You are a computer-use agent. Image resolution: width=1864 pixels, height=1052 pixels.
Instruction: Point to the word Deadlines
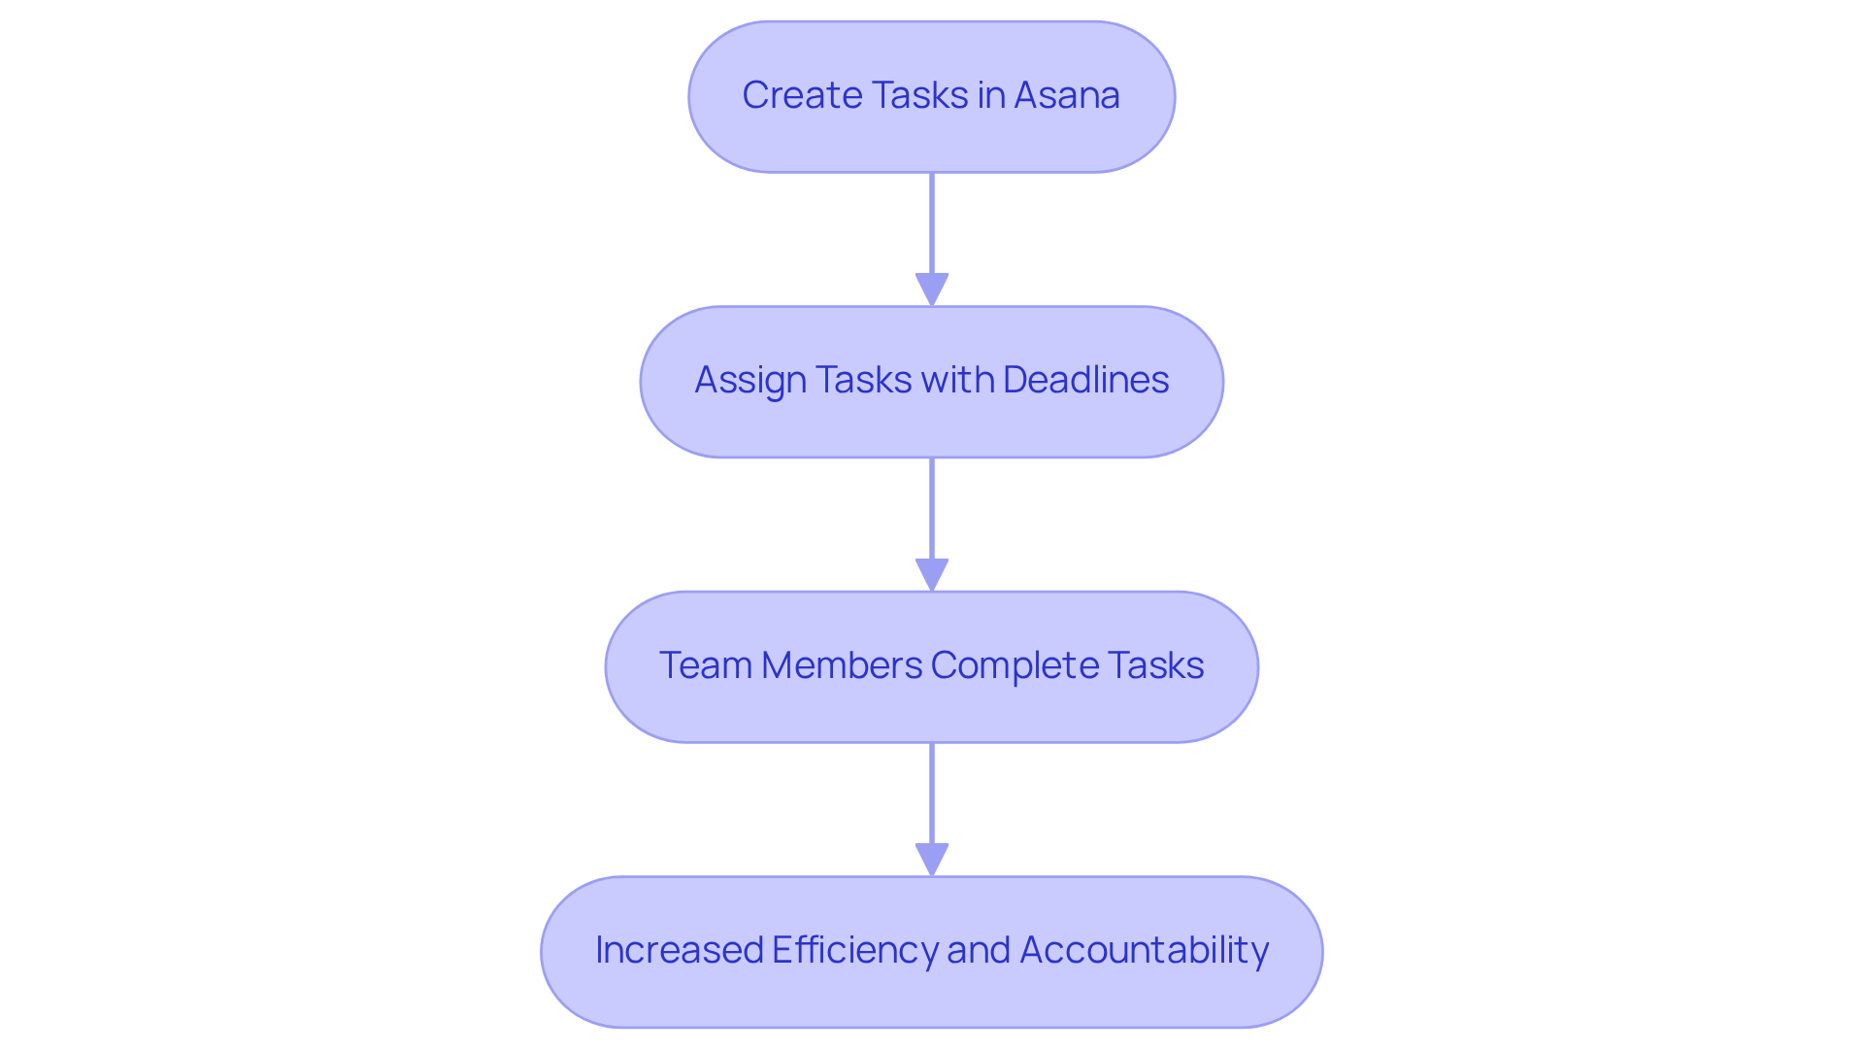[1085, 380]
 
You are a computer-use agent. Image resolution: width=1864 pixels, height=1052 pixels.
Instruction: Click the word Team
[705, 665]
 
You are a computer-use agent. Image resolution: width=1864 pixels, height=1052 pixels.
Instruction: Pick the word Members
[842, 665]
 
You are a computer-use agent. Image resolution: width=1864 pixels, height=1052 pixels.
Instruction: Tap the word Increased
[679, 950]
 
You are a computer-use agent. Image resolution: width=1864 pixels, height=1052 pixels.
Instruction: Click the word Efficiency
[853, 951]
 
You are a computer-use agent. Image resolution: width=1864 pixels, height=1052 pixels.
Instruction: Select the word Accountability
[1144, 951]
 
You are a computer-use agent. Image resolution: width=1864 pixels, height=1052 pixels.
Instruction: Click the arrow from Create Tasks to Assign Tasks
[932, 228]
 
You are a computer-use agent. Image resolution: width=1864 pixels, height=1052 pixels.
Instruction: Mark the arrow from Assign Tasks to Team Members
[932, 510]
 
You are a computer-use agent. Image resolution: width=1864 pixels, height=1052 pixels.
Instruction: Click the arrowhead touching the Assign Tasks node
[932, 289]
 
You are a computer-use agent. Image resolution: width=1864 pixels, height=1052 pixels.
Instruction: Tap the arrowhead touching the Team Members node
[932, 575]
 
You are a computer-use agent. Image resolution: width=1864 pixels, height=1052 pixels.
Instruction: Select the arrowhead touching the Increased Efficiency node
[932, 860]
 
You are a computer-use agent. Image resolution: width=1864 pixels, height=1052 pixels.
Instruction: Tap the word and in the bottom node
[979, 950]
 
